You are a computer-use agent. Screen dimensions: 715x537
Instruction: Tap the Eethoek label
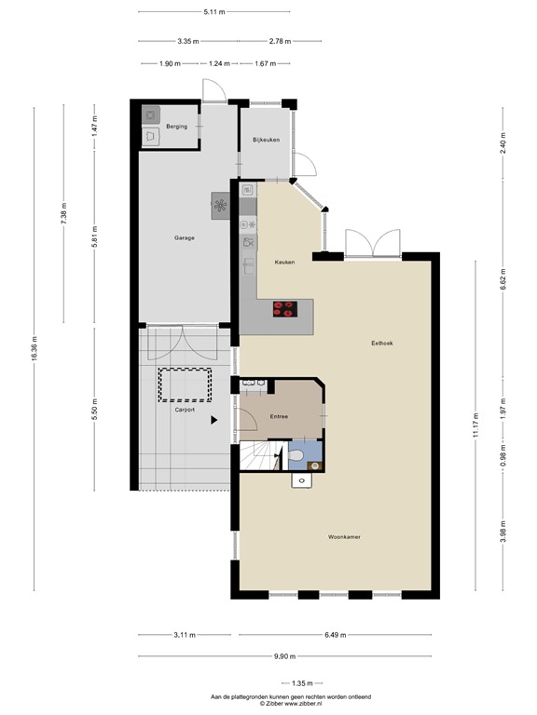[x=381, y=344]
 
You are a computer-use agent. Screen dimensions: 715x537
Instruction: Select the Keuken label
[x=284, y=263]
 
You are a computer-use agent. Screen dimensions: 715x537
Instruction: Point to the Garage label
[x=184, y=238]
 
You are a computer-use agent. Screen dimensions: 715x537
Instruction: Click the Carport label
[x=185, y=409]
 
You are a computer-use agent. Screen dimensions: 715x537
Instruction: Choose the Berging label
[x=177, y=126]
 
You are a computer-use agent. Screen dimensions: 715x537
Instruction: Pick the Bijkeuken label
[x=266, y=141]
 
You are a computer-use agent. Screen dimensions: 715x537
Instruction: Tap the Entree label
[x=279, y=416]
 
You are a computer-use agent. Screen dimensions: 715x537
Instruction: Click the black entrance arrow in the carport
[x=215, y=421]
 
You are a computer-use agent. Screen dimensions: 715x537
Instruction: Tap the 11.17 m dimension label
[x=475, y=425]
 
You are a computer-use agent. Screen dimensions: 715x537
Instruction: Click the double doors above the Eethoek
[x=372, y=245]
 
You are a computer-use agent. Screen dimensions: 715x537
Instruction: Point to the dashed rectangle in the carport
[x=185, y=384]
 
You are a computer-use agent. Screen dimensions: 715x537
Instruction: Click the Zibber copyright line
[x=291, y=703]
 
